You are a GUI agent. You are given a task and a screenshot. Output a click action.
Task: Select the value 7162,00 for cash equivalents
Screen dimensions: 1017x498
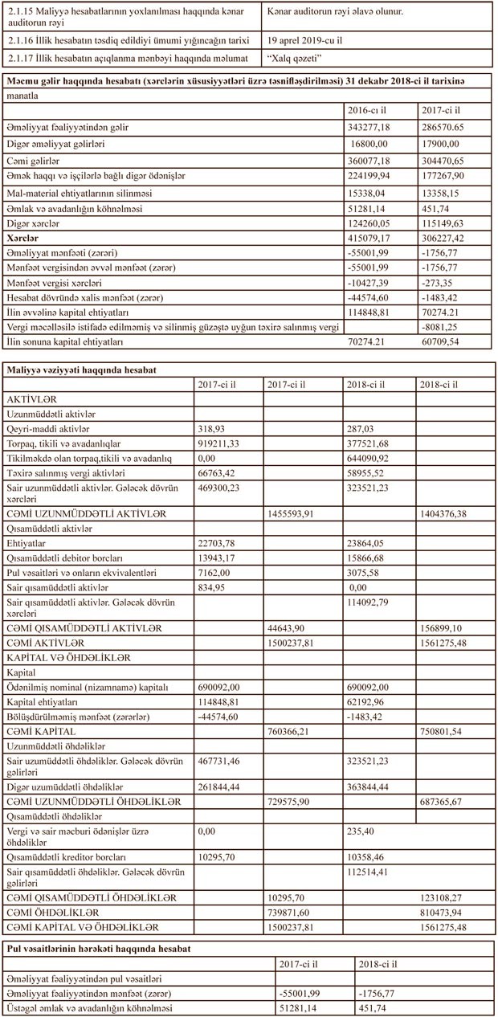[214, 574]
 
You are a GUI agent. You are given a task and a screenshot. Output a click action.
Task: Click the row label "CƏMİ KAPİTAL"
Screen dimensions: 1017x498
[41, 731]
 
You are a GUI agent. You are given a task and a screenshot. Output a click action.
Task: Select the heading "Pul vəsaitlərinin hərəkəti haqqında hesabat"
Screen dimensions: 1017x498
[99, 949]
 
